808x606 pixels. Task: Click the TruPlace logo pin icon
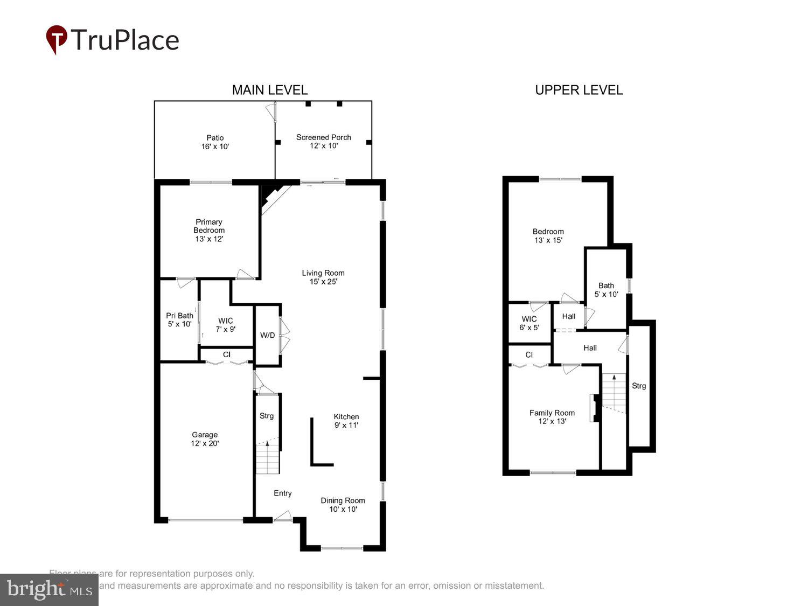click(57, 39)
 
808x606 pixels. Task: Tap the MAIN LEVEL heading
click(269, 90)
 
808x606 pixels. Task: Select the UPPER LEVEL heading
click(579, 90)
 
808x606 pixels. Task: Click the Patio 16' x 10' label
click(215, 142)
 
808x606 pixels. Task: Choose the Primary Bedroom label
click(209, 230)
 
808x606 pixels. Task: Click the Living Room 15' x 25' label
click(323, 277)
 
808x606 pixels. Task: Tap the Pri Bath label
click(179, 319)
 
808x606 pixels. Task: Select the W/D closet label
click(267, 335)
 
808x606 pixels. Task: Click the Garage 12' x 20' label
click(205, 439)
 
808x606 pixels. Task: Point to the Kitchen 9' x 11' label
click(346, 421)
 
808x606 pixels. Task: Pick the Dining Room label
click(343, 505)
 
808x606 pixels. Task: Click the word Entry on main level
click(282, 493)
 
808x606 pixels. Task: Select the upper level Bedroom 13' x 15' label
click(548, 236)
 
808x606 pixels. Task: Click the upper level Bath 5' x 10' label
click(606, 290)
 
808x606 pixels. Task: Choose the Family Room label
click(552, 417)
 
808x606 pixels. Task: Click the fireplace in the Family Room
click(595, 408)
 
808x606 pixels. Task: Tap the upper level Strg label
click(638, 386)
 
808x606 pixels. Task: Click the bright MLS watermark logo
click(49, 589)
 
